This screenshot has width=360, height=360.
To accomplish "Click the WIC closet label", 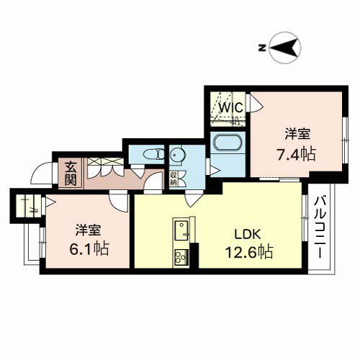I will pyautogui.click(x=230, y=107).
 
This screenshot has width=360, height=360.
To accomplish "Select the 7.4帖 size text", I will pyautogui.click(x=297, y=153).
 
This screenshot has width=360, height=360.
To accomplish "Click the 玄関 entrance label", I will pyautogui.click(x=71, y=173).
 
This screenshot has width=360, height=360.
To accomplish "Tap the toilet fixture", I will pyautogui.click(x=150, y=153).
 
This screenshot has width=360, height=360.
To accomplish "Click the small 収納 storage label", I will pyautogui.click(x=174, y=178).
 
